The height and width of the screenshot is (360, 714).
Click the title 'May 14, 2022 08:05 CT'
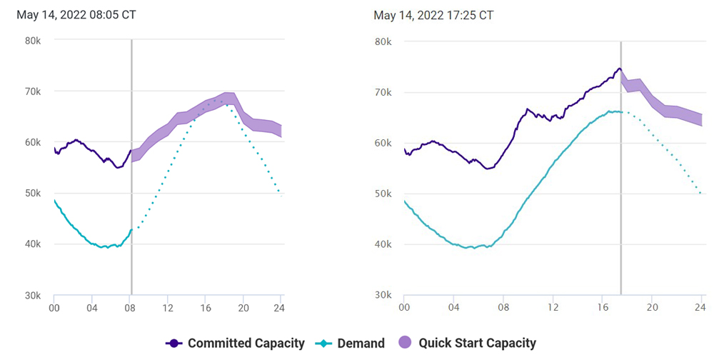pos(76,15)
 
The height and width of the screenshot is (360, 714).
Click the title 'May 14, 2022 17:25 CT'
pos(433,15)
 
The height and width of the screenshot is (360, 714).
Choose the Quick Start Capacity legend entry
pos(477,343)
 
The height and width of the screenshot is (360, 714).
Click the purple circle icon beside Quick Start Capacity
pos(405,343)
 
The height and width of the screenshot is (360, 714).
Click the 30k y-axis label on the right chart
pos(383,295)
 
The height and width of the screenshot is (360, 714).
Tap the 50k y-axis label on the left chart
pos(33,193)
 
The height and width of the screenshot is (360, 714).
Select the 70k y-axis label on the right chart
pos(383,92)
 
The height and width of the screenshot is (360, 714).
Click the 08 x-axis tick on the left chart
pos(131,308)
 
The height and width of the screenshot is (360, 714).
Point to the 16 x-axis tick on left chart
pos(206,308)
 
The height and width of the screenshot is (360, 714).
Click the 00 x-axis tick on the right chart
pos(404,308)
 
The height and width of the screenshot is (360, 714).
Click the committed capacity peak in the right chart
pos(619,69)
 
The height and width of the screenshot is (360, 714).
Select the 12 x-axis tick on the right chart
pos(553,308)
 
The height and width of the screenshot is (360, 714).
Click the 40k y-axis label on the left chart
pos(33,244)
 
